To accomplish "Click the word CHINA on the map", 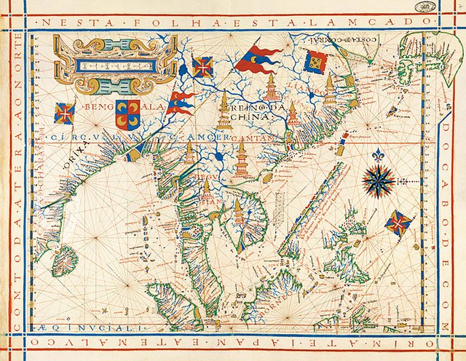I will (250, 116).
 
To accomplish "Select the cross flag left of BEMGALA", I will (65, 114).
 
